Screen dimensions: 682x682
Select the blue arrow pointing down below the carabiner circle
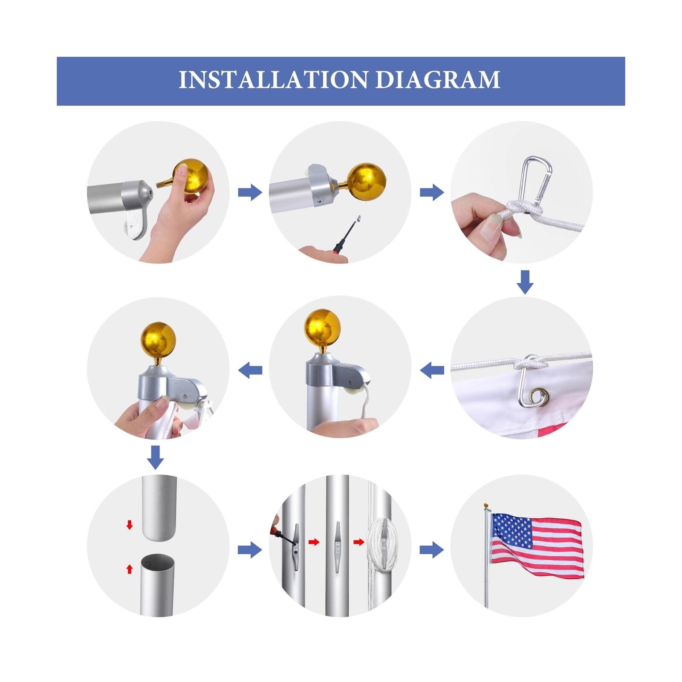pos(525,282)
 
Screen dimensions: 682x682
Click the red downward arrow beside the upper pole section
pos(130,525)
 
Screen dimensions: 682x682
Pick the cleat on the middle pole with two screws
pos(337,546)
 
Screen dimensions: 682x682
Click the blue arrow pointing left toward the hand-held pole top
pos(250,370)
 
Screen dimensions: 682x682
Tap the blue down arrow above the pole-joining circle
pos(156,457)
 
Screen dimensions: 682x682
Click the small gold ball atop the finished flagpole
pos(486,506)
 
